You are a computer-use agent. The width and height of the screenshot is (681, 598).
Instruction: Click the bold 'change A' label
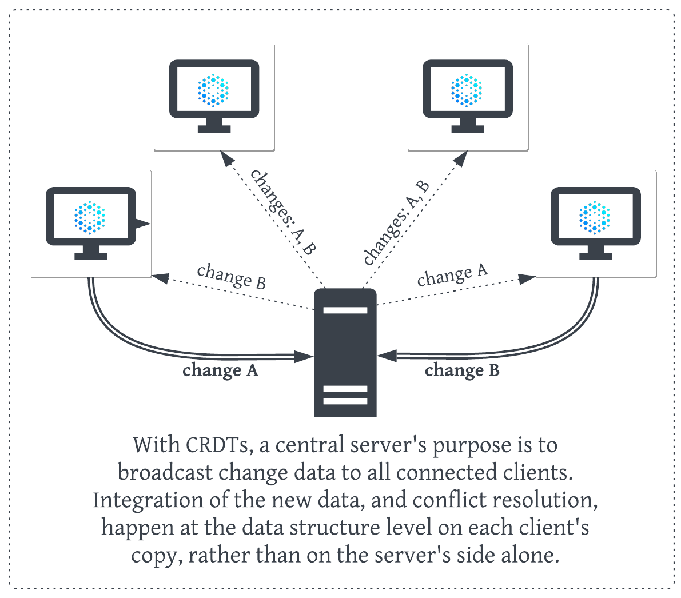[x=220, y=370]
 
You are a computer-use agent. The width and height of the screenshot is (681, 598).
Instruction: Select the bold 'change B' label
[x=462, y=370]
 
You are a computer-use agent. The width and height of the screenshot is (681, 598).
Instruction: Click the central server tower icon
[x=345, y=353]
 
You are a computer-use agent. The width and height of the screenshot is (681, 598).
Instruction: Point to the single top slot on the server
[x=345, y=310]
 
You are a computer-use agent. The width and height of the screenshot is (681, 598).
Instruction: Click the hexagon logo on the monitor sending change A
[x=90, y=218]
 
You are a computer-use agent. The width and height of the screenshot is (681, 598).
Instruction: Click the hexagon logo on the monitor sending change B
[x=595, y=217]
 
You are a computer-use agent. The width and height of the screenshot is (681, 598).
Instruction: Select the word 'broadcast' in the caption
[x=165, y=473]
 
